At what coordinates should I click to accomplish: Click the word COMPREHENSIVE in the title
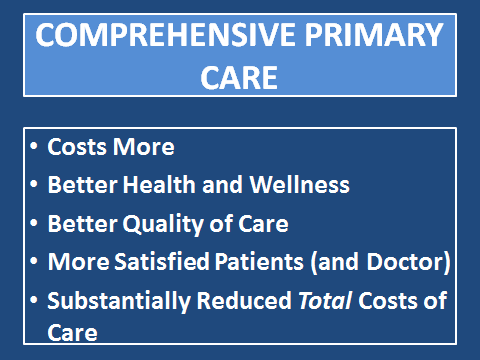[165, 35]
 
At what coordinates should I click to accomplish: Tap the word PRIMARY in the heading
[374, 35]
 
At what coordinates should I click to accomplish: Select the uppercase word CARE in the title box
[239, 78]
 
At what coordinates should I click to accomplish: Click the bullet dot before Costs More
[34, 146]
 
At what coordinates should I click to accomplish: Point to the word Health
[159, 184]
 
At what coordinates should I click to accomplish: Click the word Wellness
[300, 184]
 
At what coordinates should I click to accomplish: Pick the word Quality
[163, 224]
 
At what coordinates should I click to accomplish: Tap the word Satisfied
[162, 261]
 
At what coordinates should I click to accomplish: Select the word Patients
[259, 261]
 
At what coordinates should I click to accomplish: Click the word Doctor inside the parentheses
[405, 261]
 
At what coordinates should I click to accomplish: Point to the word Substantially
[119, 301]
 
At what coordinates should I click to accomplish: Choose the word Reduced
[244, 300]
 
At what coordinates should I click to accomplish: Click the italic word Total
[325, 300]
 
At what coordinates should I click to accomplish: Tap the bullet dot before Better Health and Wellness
[34, 184]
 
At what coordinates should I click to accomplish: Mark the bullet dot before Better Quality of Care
[34, 223]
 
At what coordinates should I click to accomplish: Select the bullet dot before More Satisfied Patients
[34, 261]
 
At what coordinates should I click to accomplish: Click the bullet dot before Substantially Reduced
[34, 300]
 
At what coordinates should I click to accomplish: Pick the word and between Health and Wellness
[222, 184]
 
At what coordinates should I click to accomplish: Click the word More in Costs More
[143, 147]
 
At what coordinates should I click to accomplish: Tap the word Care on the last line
[72, 332]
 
